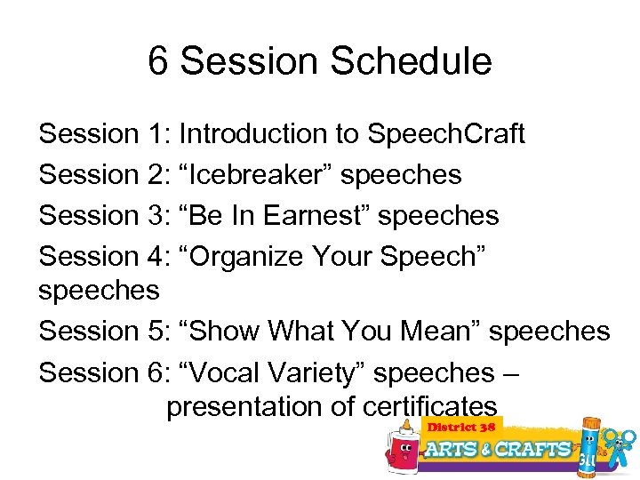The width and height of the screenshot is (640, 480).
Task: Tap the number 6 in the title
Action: tap(158, 61)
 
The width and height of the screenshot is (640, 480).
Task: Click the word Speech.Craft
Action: tap(446, 134)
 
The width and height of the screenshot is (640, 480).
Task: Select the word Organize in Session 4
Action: tap(250, 256)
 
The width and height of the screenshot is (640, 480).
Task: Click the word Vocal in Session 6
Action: tap(222, 372)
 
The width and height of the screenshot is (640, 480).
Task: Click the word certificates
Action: tap(430, 406)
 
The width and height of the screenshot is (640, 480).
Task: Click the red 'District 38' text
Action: tap(461, 427)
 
